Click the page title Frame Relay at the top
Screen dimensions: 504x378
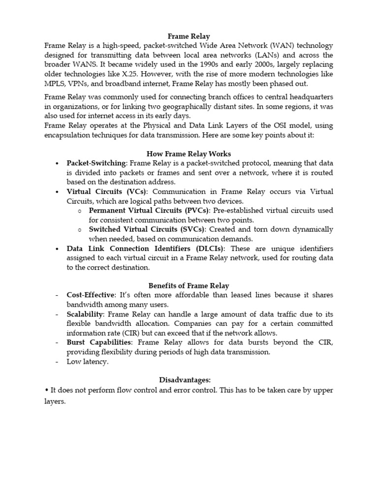[189, 36]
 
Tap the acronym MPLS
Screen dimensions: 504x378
[54, 84]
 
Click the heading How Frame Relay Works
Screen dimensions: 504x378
[189, 154]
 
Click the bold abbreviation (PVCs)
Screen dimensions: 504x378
[196, 211]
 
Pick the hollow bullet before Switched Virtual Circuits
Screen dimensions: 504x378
[79, 230]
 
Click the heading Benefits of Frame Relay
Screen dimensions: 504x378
[189, 285]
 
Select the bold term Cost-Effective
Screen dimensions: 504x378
[91, 295]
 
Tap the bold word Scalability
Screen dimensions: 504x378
[85, 314]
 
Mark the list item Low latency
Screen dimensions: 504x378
[87, 362]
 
